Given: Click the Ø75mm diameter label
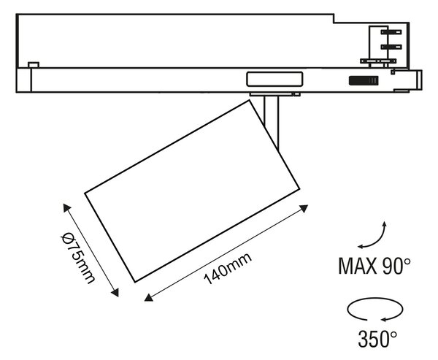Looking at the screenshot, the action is point(78,258).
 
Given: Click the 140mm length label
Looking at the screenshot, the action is point(228,268).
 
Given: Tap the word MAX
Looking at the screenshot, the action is point(357,266).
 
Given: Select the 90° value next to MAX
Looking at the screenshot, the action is point(396,266).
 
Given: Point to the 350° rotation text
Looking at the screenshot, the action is point(377,339).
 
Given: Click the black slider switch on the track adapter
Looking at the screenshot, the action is point(364,80).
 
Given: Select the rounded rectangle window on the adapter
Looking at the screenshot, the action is point(274,79).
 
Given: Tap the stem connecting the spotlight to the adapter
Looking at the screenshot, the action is point(272,123).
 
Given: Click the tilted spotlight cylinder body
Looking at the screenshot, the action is point(192,191).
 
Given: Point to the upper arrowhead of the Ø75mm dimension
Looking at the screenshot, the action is point(66,207).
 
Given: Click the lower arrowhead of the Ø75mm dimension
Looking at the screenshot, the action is point(115,293).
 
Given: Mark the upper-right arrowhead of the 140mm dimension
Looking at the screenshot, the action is point(304,208).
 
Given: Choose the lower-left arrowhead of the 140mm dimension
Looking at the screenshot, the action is point(148,298).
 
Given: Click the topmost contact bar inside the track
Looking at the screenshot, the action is point(391,32).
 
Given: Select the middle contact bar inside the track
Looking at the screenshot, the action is point(391,47).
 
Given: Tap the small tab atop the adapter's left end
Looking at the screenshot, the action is point(34,65).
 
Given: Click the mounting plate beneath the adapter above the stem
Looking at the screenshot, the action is point(275,94).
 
